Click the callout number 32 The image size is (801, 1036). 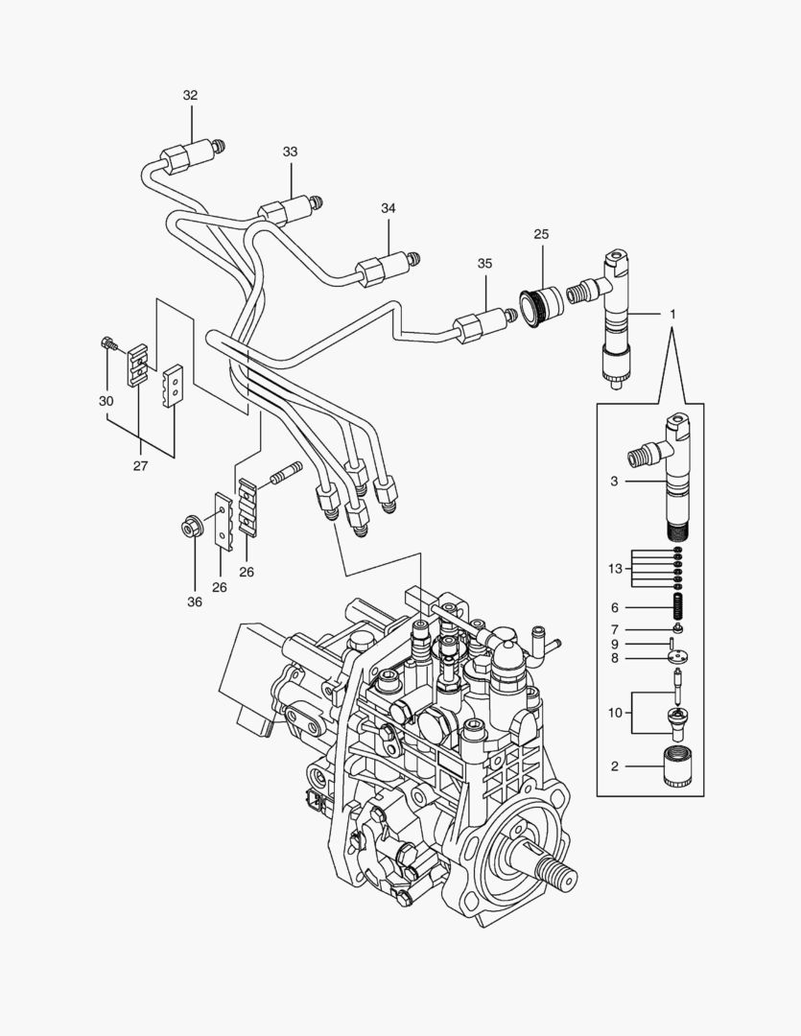point(190,95)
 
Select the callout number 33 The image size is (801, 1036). point(290,152)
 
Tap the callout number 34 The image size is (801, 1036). point(388,208)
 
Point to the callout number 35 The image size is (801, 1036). point(484,263)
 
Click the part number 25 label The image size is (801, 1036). point(541,234)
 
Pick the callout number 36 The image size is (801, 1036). point(195,602)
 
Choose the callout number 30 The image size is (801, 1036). point(106,400)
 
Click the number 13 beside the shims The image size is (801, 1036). point(615,568)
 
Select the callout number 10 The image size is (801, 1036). point(615,713)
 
